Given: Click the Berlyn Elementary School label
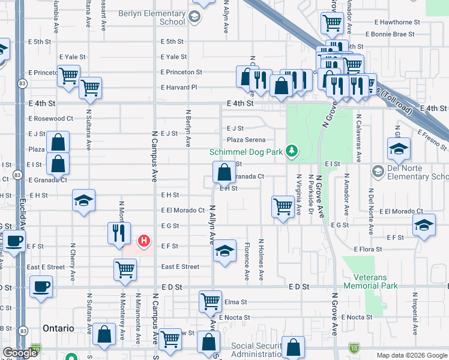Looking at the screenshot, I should (151, 17).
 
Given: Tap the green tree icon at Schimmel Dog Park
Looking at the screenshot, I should (292, 151).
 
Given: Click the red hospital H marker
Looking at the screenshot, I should (143, 241).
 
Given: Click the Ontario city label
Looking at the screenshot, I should (58, 329).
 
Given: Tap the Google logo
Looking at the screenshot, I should (20, 353).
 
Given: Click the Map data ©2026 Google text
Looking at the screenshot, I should (411, 355).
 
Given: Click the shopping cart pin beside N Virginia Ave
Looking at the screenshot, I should (283, 206).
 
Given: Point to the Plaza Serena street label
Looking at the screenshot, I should (246, 140).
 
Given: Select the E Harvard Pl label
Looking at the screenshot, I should (179, 88).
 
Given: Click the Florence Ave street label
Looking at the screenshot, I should (247, 262).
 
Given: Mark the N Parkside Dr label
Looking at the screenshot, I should (311, 195).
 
